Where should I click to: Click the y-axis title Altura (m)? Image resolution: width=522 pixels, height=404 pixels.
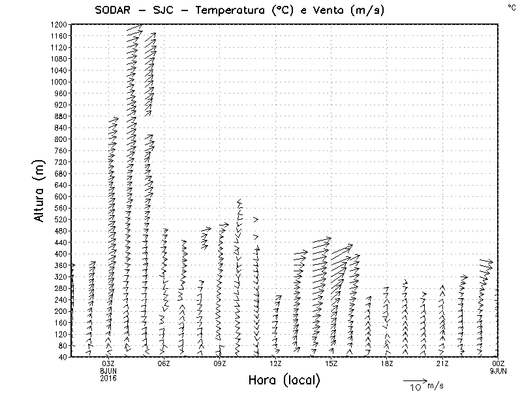[40, 190]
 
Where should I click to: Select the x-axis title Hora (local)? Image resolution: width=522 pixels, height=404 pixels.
[284, 380]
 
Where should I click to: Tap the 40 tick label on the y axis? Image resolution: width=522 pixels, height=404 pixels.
[63, 357]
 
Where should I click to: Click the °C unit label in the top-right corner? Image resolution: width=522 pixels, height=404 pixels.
[512, 7]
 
